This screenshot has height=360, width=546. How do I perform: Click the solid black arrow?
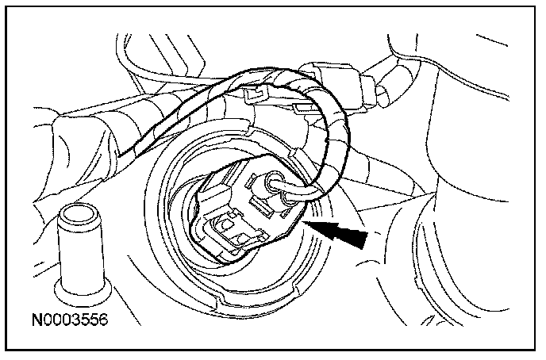tap(340, 233)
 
